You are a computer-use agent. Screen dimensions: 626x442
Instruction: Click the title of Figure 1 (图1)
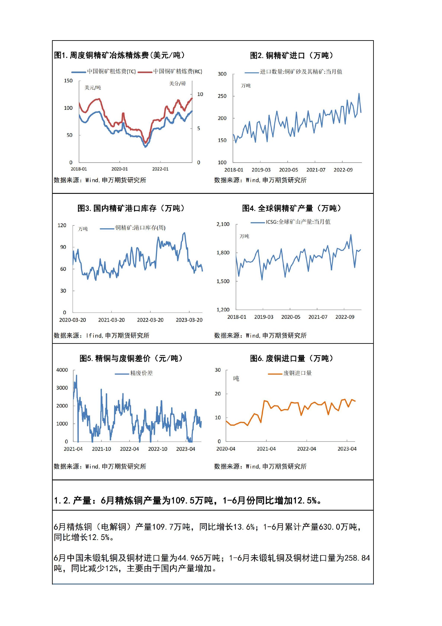[119, 55]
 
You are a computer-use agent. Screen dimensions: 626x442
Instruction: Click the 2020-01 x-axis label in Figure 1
[120, 169]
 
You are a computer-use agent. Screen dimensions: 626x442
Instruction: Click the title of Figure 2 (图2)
[291, 56]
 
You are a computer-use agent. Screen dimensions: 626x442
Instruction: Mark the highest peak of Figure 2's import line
[359, 94]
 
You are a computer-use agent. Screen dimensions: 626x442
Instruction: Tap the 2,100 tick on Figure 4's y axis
[223, 224]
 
